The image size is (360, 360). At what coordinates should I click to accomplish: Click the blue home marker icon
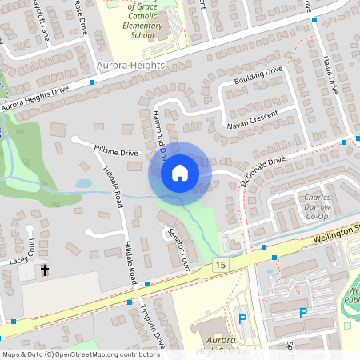tap(179, 173)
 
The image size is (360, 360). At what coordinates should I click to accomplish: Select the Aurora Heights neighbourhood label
tap(130, 65)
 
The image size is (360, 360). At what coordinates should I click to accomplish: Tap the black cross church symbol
tap(44, 270)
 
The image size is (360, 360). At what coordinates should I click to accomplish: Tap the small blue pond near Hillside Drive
tap(84, 183)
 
